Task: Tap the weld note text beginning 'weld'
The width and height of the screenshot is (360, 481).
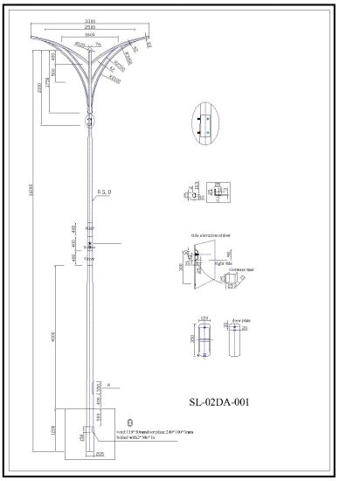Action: (144, 432)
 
